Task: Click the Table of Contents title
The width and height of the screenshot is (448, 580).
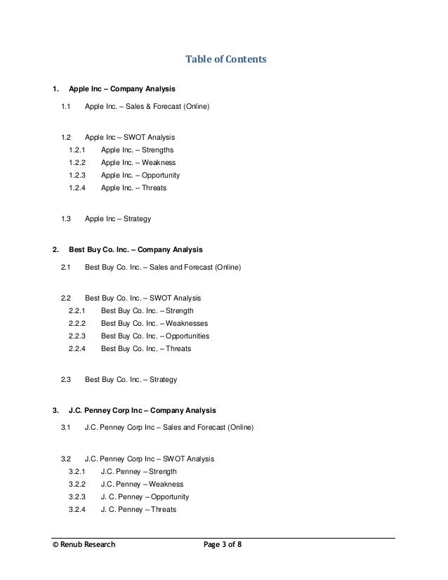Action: [x=225, y=60]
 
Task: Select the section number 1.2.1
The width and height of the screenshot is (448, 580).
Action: [x=77, y=150]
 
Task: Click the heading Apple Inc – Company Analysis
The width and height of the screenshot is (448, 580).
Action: [x=122, y=90]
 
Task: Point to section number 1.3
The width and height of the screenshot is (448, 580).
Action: [x=67, y=219]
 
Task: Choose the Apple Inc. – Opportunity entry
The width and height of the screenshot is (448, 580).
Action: [x=140, y=176]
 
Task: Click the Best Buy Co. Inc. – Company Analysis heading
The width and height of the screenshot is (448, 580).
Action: [x=136, y=249]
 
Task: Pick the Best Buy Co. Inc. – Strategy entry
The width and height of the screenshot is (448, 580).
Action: [x=131, y=380]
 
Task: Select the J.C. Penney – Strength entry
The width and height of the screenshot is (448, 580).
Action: [x=139, y=472]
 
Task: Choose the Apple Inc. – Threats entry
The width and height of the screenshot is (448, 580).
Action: [x=134, y=188]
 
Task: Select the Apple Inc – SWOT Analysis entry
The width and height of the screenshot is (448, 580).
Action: [x=130, y=138]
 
